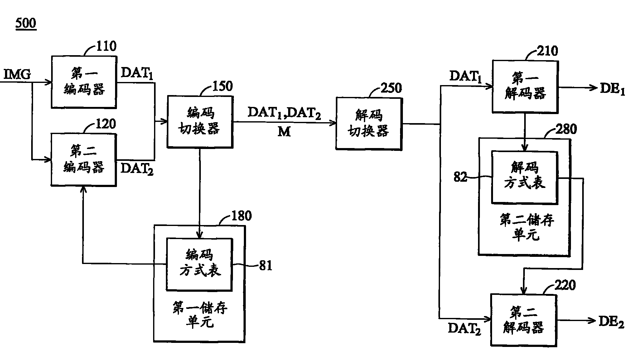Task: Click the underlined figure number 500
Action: pos(26,23)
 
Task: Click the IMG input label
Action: pos(17,75)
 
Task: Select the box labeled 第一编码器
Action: pos(84,82)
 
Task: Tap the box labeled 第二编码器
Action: pos(84,160)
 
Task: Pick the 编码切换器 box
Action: pos(200,121)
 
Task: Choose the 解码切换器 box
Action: pos(369,124)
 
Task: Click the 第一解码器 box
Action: pos(525,86)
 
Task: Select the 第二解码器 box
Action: pos(524,320)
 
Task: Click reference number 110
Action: pos(106,46)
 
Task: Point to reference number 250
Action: pos(391,88)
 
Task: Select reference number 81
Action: pos(266,266)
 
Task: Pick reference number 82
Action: pos(460,177)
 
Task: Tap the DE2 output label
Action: pos(611,322)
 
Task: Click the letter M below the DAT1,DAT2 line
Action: pos(284,132)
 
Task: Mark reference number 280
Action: pos(566,129)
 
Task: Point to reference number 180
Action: pos(241,216)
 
